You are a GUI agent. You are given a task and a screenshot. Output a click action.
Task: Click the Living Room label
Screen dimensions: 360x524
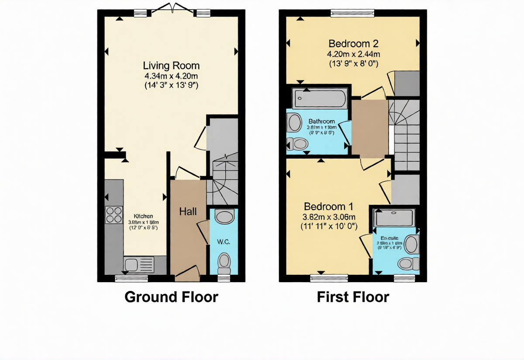171,66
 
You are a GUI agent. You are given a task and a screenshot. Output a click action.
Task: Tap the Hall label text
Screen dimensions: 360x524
188,211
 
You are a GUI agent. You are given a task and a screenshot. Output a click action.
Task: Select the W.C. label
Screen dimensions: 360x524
224,242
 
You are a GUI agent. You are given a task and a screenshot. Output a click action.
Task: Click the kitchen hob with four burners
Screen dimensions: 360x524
114,215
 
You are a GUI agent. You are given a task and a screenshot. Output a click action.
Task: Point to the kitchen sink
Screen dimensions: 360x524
133,264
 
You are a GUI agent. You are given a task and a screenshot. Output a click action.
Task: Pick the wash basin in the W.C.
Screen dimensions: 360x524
224,217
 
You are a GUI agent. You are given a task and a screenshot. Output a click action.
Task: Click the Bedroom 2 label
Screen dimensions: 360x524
353,44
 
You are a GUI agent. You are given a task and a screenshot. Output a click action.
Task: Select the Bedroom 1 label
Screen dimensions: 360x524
328,206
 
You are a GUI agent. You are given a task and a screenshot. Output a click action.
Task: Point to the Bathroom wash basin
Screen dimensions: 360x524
294,123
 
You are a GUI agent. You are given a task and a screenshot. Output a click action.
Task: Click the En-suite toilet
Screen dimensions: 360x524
408,263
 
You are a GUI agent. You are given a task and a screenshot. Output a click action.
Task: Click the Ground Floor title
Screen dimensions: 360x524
171,297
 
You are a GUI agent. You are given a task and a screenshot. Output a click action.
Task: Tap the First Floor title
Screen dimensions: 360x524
353,297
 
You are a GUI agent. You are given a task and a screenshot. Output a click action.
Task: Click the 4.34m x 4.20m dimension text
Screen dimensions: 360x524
171,76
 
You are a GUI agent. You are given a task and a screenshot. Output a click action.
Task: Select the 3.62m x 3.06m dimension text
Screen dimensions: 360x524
329,217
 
